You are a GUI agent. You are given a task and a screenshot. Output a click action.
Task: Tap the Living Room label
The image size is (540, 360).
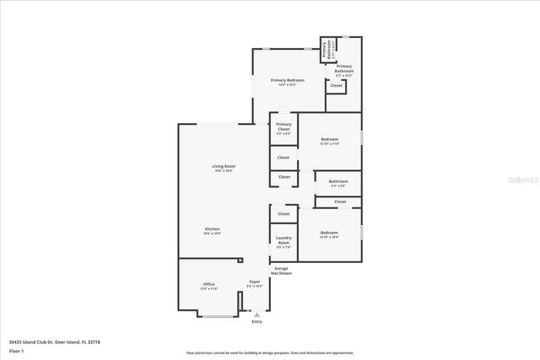click(x=224, y=168)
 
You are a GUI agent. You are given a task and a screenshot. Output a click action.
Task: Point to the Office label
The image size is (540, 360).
click(x=208, y=286)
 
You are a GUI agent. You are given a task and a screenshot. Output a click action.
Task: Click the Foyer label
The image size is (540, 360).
click(x=254, y=284)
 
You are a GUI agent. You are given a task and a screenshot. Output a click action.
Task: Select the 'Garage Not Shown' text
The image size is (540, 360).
click(x=280, y=271)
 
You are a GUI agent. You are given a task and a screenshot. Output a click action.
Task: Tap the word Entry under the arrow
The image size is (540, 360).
click(x=256, y=322)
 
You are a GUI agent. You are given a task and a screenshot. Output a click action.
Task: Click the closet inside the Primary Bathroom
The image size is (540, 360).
click(x=336, y=86)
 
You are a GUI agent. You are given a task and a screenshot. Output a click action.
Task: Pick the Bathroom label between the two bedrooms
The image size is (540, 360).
click(x=338, y=183)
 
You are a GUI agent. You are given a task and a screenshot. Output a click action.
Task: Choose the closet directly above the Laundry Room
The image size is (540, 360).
click(x=283, y=215)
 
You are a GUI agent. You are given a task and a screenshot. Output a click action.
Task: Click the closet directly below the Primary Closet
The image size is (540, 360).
click(x=283, y=158)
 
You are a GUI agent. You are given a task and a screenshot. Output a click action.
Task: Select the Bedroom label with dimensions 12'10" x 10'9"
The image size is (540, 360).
click(x=329, y=234)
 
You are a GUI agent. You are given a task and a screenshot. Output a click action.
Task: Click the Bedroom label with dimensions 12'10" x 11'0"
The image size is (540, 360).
click(x=329, y=141)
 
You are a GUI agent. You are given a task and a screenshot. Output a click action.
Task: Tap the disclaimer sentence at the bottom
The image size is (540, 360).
click(x=269, y=352)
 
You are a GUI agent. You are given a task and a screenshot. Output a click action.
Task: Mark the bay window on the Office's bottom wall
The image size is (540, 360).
click(x=218, y=317)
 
